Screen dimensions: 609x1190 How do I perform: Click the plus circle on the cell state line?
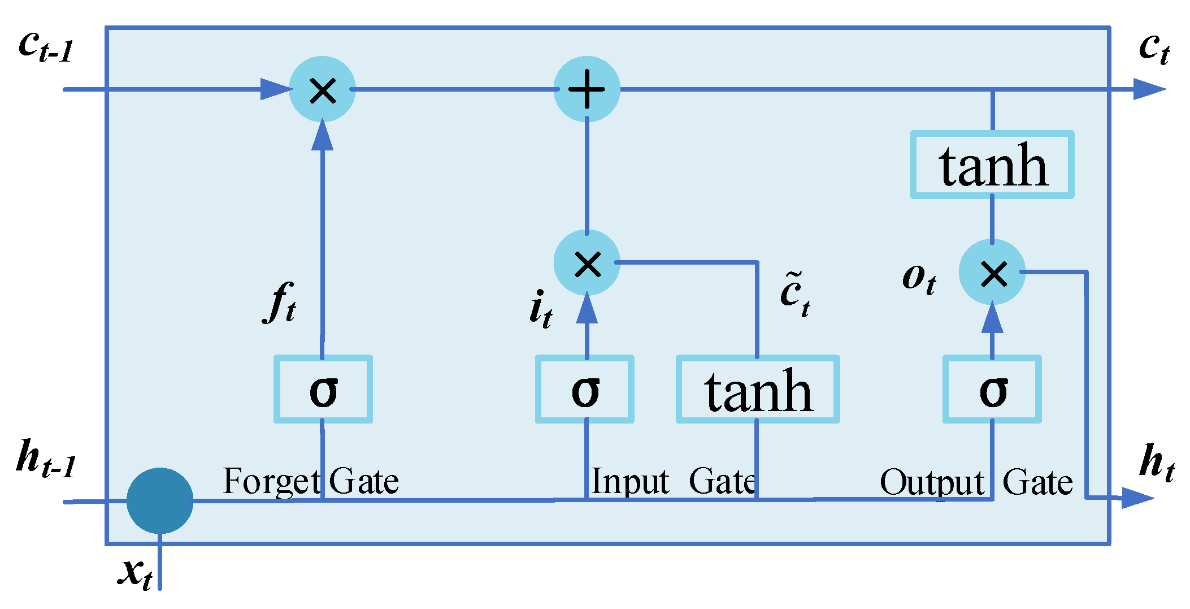point(587,89)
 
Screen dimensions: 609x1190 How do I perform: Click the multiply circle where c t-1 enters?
point(322,89)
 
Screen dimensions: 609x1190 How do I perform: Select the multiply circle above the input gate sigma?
point(587,263)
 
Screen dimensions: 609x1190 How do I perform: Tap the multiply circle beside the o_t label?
point(992,273)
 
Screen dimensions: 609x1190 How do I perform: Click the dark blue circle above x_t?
point(160,501)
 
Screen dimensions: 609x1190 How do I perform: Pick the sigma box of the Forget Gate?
point(323,390)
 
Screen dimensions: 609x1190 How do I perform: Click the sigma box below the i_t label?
point(585,390)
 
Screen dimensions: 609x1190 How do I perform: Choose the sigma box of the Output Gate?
point(992,390)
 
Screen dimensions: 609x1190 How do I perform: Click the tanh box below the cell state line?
point(992,165)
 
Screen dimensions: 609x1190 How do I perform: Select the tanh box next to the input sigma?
point(758,390)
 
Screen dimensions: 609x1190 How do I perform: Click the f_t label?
point(280,303)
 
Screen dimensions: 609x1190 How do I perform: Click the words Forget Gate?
point(311,482)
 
